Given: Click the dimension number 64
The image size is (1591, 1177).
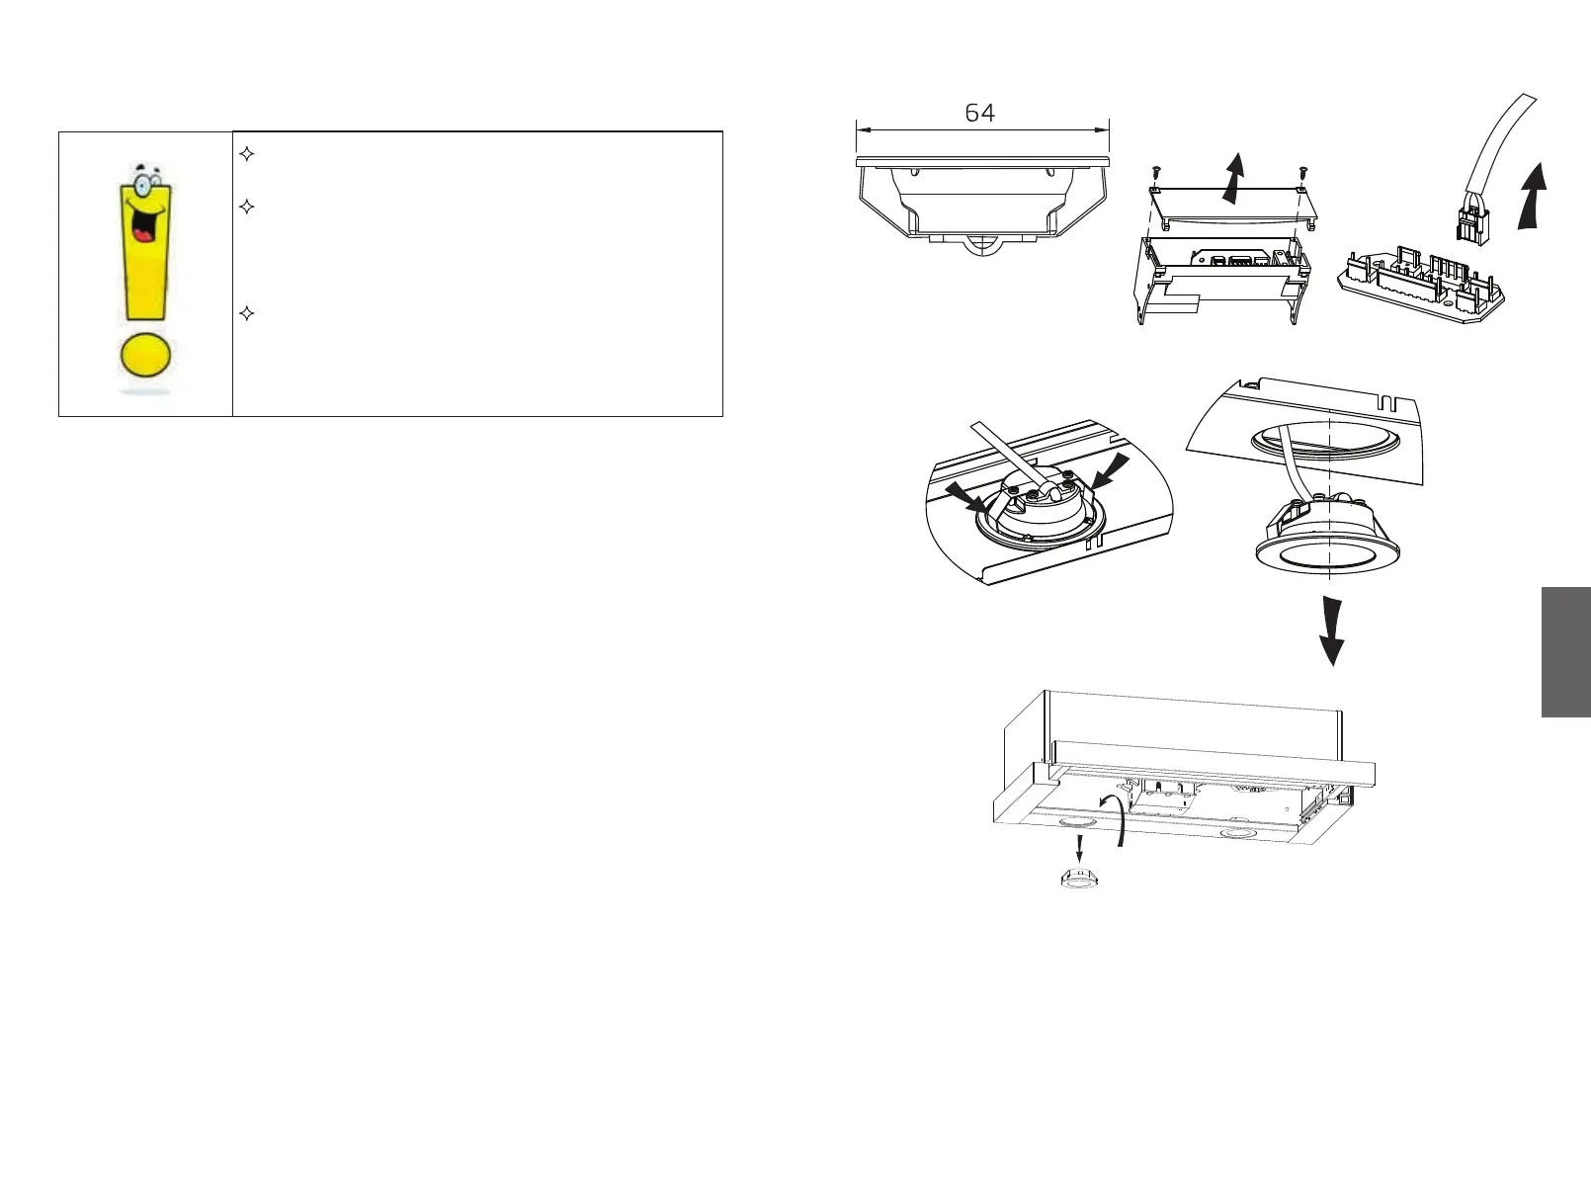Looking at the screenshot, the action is pos(979,114).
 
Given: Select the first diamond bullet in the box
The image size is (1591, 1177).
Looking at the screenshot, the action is pos(248,154).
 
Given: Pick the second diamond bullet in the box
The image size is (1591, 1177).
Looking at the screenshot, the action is pos(248,208).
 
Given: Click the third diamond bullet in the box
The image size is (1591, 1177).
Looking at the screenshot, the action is pos(248,314).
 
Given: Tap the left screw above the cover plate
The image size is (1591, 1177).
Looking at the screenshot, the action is pos(1154,174).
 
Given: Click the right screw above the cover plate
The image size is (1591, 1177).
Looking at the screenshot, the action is pos(1302,174).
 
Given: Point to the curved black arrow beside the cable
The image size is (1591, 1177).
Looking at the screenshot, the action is pos(1531,197).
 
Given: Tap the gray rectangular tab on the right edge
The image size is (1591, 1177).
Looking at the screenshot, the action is pos(1565,651).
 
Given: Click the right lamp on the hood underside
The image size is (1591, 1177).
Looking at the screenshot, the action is pos(1236,834).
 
